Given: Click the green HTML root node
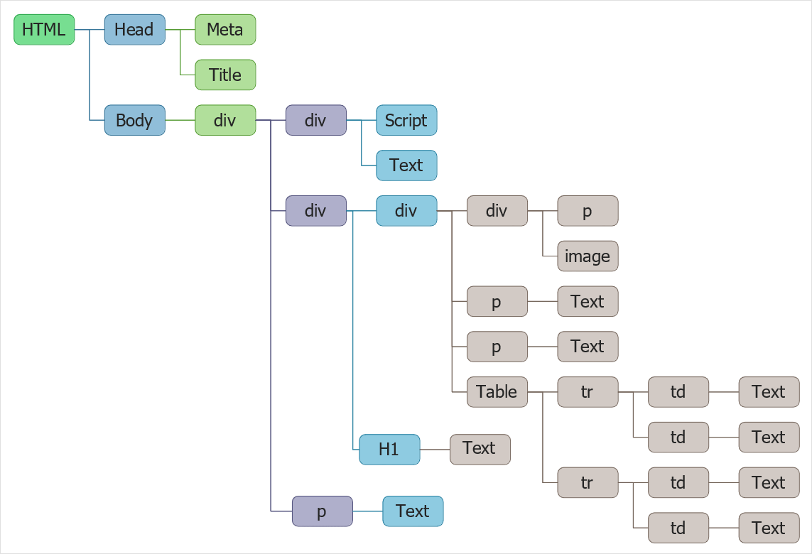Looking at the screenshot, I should (x=44, y=30).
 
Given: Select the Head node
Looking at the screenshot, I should (x=134, y=30).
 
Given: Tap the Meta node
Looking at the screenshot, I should (x=225, y=30).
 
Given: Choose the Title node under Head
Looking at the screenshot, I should (x=225, y=75).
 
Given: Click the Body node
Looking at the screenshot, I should (x=134, y=120).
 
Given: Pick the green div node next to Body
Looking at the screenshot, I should (x=225, y=120).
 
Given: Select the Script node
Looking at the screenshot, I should (x=406, y=120).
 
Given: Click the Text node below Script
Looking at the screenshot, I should (x=406, y=165).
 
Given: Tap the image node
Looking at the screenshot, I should (x=588, y=256).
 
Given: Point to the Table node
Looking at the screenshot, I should (x=497, y=392).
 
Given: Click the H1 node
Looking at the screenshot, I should (x=389, y=450).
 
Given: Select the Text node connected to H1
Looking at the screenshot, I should (x=480, y=450).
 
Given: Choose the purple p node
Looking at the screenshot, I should (x=322, y=511).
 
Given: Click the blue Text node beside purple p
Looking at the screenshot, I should (x=413, y=511).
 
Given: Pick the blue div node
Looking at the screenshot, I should (x=406, y=211).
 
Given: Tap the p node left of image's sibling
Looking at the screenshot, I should (x=588, y=211).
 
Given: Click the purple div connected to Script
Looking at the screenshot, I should (x=315, y=120).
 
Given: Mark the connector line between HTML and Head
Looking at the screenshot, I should (x=82, y=30).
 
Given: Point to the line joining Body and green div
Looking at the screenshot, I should (x=180, y=120).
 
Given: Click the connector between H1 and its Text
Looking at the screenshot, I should (x=435, y=450).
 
